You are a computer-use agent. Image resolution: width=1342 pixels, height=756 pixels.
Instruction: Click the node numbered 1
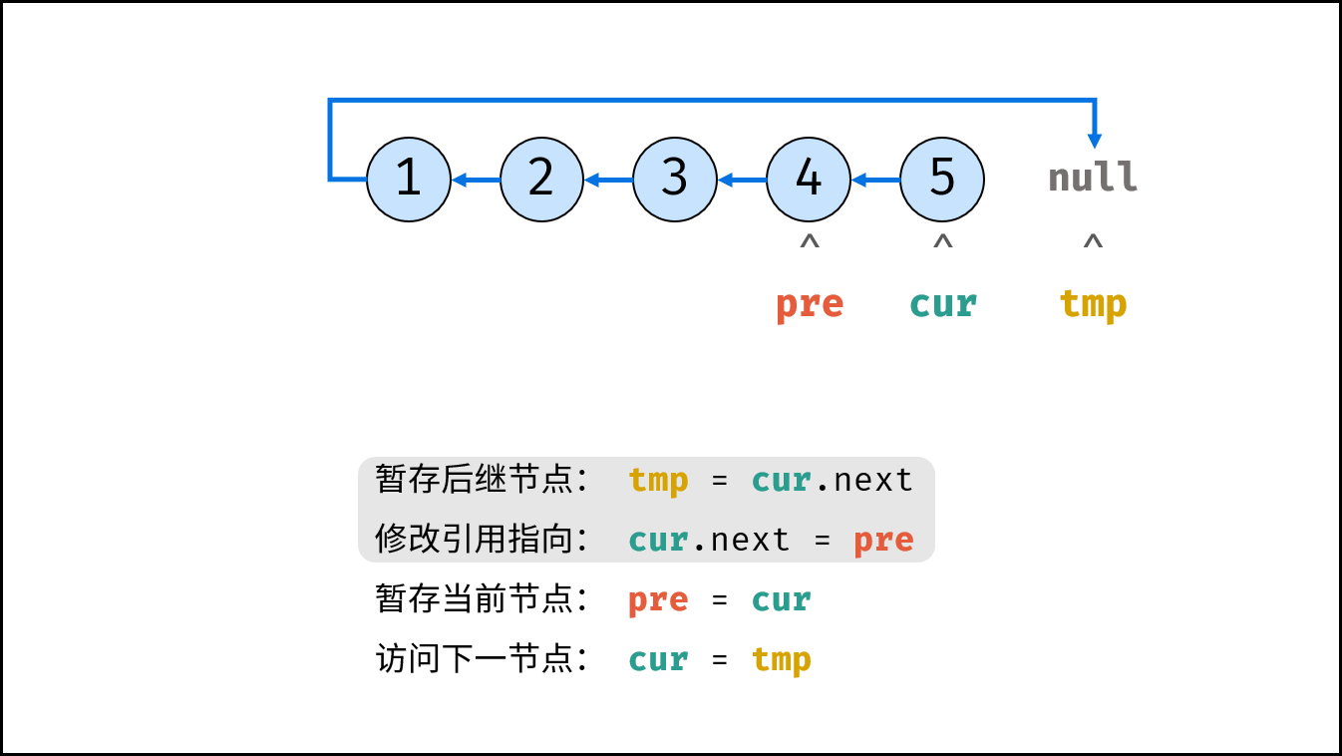point(409,180)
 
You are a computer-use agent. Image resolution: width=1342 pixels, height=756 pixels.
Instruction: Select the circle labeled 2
point(541,180)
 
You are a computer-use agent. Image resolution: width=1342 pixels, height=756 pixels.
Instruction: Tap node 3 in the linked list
point(675,180)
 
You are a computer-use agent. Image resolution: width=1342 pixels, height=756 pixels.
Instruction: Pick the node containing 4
point(809,180)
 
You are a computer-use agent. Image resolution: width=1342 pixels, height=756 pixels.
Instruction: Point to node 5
point(942,180)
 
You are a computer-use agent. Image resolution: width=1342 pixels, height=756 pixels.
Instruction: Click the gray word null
point(1093,177)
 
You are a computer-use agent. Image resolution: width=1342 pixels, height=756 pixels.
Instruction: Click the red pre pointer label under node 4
point(810,306)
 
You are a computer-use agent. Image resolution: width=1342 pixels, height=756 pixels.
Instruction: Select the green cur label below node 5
point(943,304)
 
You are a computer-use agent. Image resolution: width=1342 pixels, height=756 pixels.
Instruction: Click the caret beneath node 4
point(810,241)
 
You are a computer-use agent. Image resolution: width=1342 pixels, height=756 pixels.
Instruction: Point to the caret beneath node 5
point(943,241)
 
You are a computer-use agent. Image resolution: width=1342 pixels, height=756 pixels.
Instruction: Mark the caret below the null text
point(1094,241)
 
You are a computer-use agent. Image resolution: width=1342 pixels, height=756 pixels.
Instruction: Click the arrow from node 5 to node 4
point(875,180)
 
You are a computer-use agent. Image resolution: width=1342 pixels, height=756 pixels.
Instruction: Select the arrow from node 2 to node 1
point(476,180)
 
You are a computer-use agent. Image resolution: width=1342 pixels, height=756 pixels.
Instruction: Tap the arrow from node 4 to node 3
point(743,180)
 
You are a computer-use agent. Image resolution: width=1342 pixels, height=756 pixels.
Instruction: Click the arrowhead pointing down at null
point(1095,142)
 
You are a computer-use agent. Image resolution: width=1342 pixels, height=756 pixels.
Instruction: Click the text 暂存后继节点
point(474,480)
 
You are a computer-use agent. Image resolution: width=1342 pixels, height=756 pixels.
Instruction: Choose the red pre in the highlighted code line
point(883,541)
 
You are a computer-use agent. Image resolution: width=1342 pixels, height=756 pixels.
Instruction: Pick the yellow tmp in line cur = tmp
point(782,659)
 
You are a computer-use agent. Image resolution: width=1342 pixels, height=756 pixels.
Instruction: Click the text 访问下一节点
point(474,658)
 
